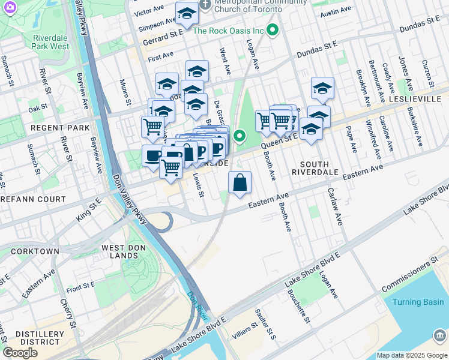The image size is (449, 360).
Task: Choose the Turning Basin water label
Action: [x=418, y=302]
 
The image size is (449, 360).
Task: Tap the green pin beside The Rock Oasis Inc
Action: [x=273, y=29]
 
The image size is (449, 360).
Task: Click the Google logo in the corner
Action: [x=20, y=353]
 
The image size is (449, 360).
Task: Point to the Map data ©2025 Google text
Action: [x=411, y=355]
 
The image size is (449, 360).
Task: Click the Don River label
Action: [x=196, y=305]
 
